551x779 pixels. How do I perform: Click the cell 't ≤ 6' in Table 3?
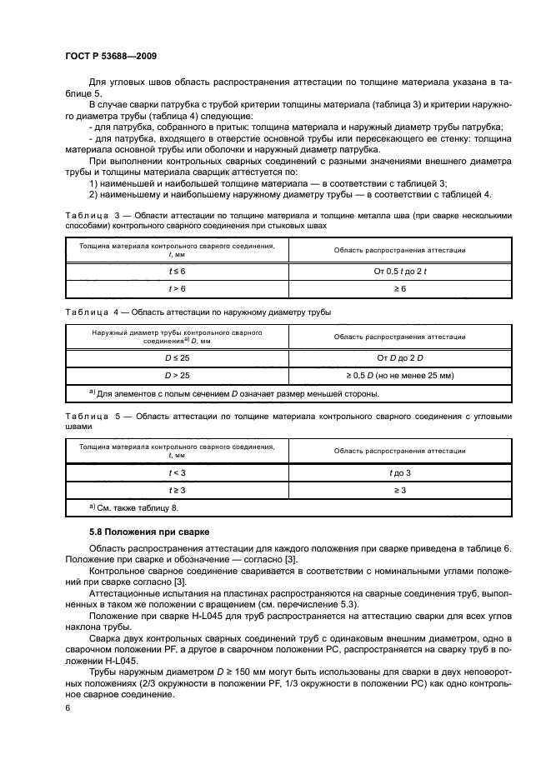click(x=177, y=272)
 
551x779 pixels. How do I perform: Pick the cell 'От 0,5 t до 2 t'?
click(x=399, y=272)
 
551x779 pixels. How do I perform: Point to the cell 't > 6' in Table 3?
click(x=177, y=288)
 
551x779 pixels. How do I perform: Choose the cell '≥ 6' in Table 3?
click(x=399, y=288)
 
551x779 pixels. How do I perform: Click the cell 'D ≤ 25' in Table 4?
click(x=177, y=357)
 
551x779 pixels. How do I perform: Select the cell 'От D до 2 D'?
click(x=399, y=357)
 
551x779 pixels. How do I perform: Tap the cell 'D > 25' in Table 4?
click(x=177, y=375)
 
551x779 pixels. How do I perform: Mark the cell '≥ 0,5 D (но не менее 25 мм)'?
click(x=399, y=375)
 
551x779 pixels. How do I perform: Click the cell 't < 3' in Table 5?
click(x=177, y=472)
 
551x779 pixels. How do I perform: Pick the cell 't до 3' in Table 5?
click(x=399, y=472)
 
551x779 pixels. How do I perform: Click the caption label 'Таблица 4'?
click(x=93, y=312)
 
